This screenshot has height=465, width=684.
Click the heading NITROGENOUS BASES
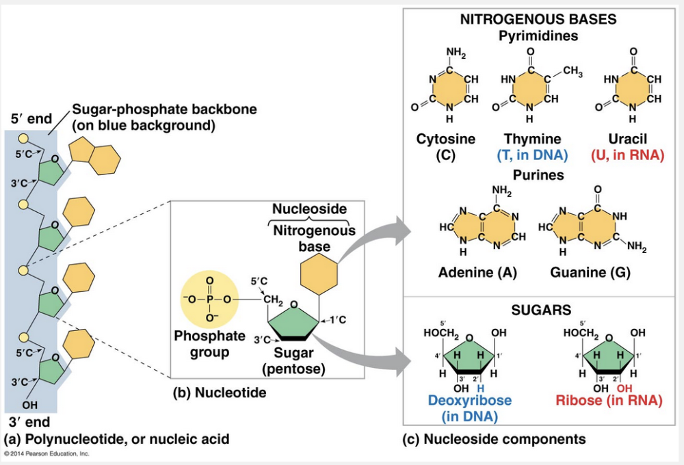(x=538, y=19)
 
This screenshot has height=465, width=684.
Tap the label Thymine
(x=532, y=139)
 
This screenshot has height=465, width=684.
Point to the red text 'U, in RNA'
(x=627, y=155)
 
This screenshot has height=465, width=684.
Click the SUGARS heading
(x=541, y=310)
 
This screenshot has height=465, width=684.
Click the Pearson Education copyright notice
(x=46, y=453)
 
